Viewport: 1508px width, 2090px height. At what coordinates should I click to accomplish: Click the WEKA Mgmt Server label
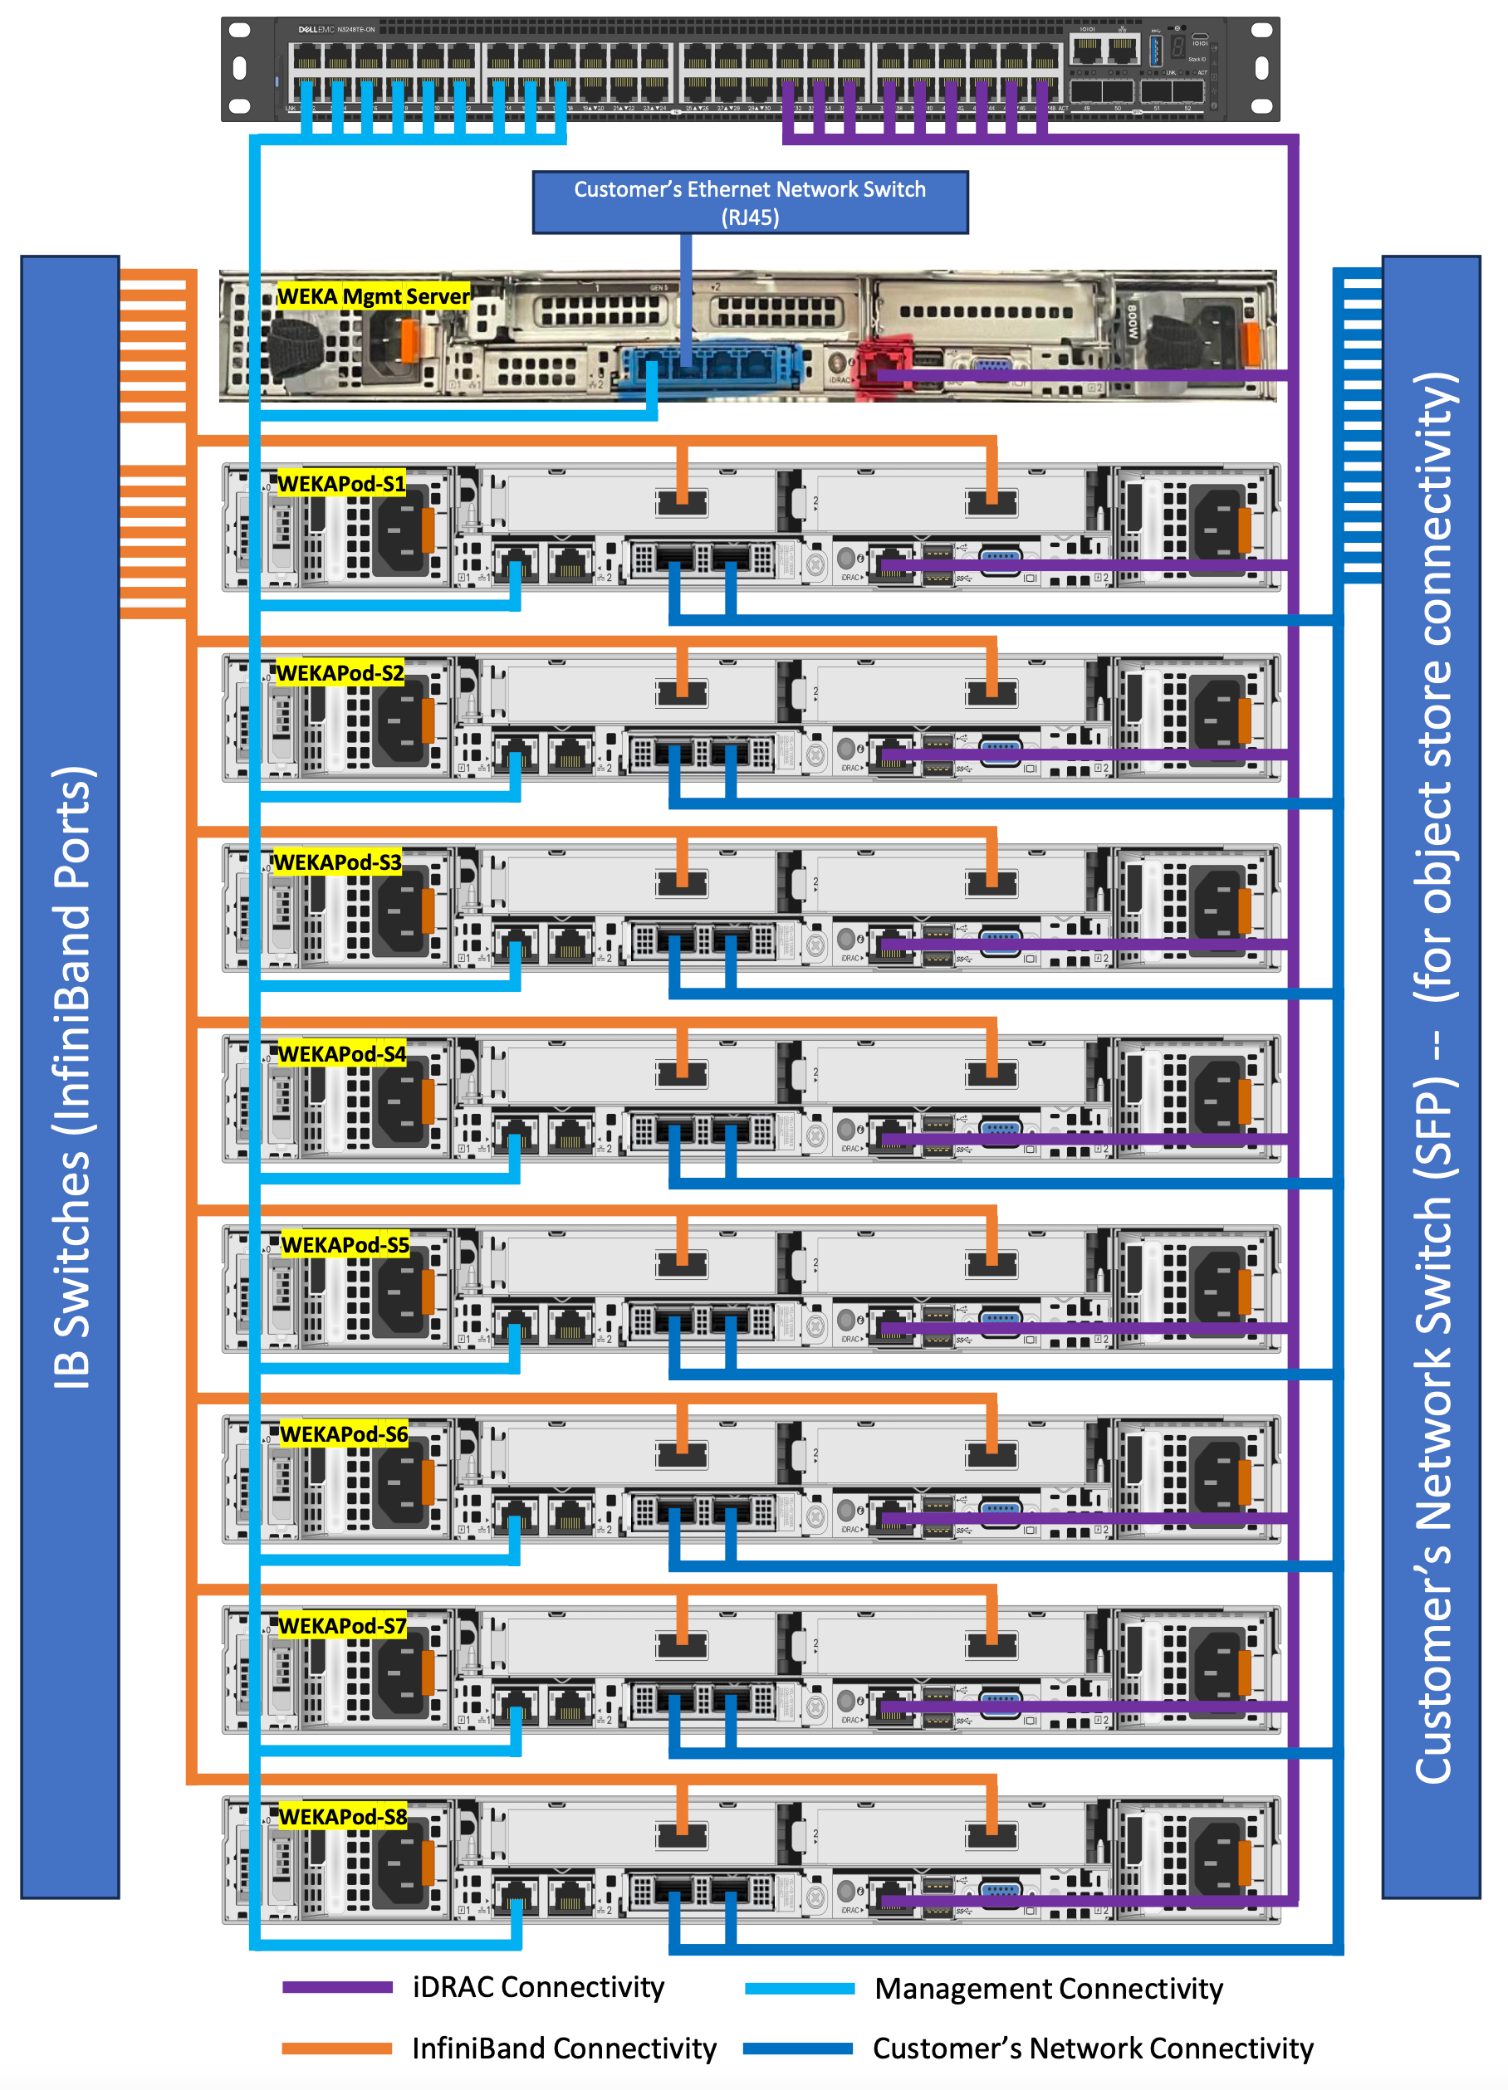(374, 295)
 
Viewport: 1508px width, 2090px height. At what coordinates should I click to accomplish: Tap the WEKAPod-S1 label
(341, 484)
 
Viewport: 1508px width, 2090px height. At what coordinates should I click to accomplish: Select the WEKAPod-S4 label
(342, 1053)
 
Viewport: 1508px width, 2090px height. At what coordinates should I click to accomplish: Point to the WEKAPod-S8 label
(343, 1816)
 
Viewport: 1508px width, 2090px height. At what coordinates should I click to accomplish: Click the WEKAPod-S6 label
(344, 1434)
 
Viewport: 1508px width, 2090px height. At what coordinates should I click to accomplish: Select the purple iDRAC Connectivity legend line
(336, 1988)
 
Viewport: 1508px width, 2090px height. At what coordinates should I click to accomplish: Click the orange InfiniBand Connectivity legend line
(336, 2048)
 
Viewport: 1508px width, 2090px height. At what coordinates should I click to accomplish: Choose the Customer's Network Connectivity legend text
(1092, 2048)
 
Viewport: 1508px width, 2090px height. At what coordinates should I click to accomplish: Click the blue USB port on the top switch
(1155, 50)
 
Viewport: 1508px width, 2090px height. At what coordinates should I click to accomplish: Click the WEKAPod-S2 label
(340, 672)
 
